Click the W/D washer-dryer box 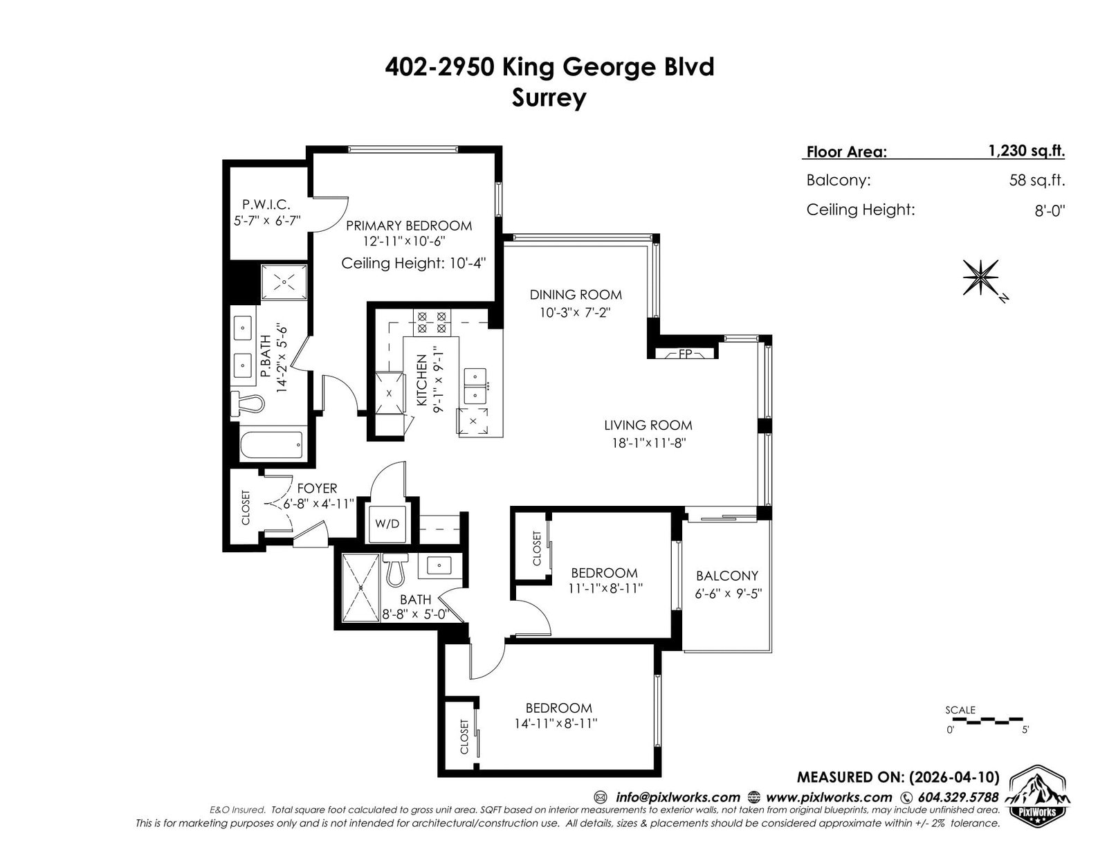387,524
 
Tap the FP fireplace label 685,353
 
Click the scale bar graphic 987,720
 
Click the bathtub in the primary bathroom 271,445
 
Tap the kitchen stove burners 432,322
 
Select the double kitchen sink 476,386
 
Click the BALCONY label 727,576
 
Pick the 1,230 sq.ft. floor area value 1026,151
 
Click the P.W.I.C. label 266,204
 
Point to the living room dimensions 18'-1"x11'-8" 648,443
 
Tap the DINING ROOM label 576,295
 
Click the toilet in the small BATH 395,569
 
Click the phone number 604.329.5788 958,797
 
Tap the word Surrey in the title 549,98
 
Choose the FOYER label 317,488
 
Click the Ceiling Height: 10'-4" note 413,263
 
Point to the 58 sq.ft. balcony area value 1036,181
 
